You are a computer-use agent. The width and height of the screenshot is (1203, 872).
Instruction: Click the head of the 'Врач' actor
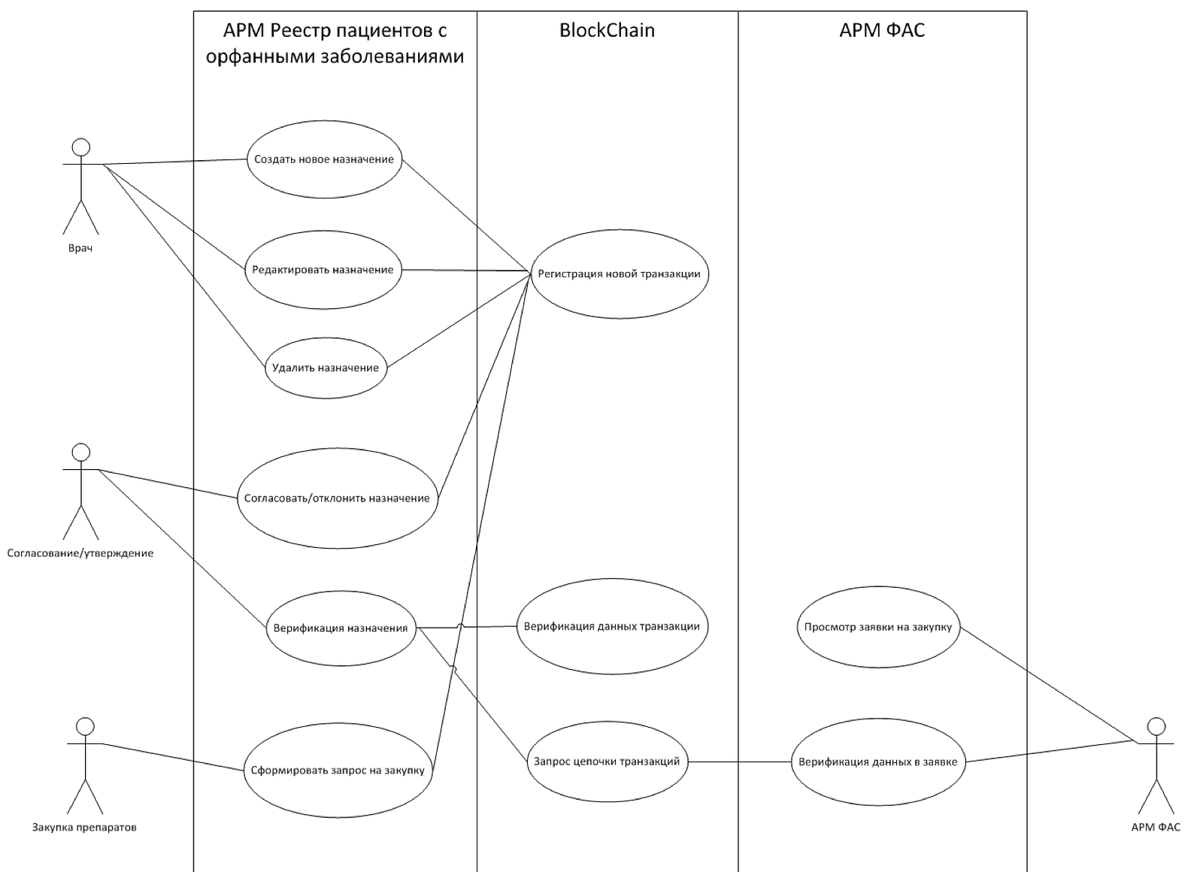81,147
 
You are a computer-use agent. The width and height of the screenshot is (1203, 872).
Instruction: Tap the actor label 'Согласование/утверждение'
80,553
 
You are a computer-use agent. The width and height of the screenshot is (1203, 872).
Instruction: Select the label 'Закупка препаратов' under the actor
84,828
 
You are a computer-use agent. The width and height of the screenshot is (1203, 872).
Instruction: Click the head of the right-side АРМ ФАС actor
1156,726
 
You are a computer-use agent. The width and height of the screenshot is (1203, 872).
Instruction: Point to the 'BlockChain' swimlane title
608,30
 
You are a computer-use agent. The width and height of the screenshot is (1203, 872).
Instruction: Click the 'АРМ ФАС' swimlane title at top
883,30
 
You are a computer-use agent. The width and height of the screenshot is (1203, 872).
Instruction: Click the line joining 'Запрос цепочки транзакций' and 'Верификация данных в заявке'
740,762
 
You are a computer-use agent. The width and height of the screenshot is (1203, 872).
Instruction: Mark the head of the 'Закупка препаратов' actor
86,726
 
